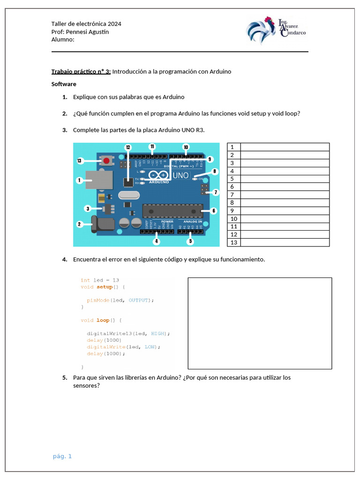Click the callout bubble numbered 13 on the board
click(x=79, y=161)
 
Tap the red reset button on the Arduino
click(x=106, y=161)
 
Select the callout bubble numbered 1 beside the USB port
click(x=79, y=180)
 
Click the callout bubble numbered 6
click(x=214, y=211)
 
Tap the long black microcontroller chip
click(x=172, y=211)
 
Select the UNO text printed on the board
click(x=180, y=175)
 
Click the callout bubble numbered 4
click(x=157, y=242)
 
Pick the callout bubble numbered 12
click(x=128, y=147)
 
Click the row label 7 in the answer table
click(x=232, y=195)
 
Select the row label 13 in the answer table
click(x=234, y=242)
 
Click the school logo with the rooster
click(x=275, y=30)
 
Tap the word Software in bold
click(x=64, y=84)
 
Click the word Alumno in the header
click(x=63, y=39)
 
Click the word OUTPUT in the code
click(x=138, y=300)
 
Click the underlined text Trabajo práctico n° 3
click(x=81, y=72)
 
